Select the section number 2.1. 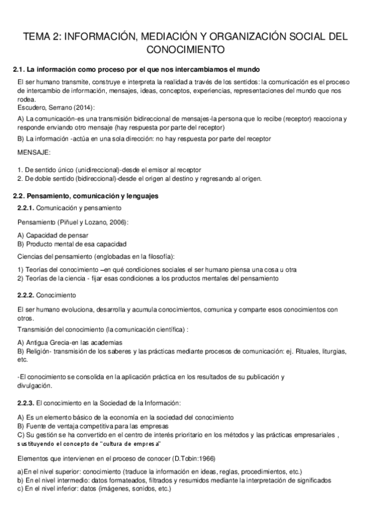[20, 68]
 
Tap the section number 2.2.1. [27, 208]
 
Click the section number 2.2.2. [27, 295]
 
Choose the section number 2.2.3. [27, 403]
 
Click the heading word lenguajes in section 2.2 [141, 196]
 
